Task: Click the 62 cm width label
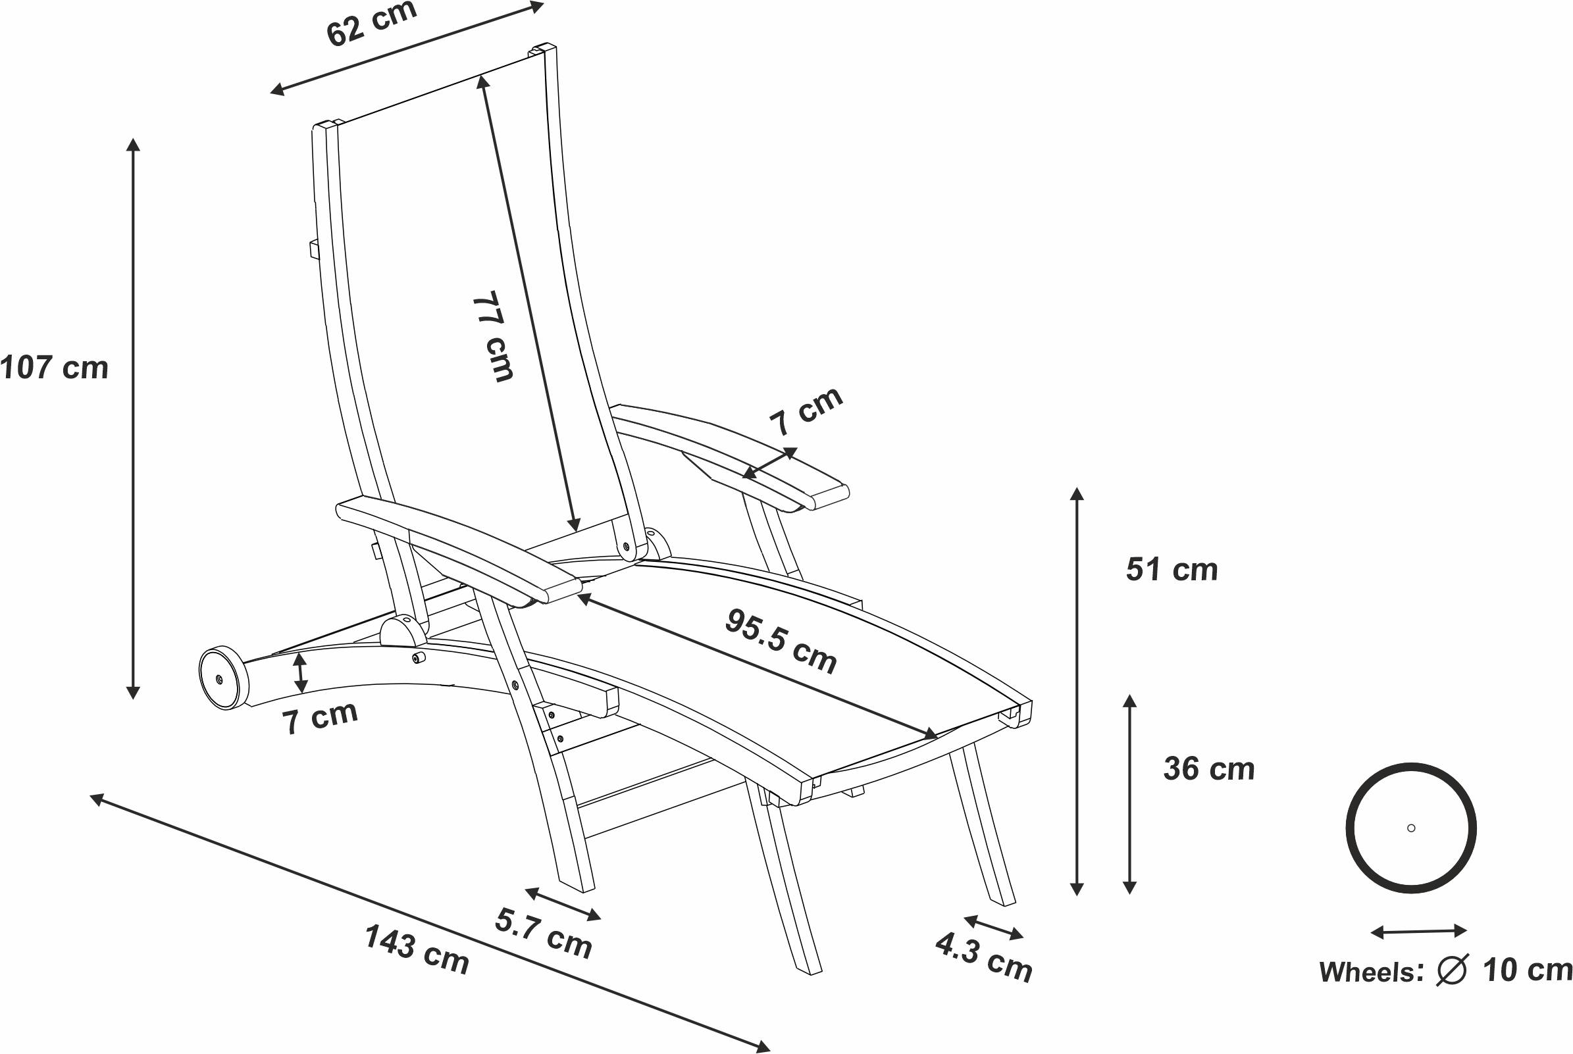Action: (x=372, y=24)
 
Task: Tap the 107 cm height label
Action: (x=55, y=368)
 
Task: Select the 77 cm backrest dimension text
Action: (x=493, y=336)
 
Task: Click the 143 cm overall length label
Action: (x=417, y=949)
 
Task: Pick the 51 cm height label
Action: (x=1172, y=570)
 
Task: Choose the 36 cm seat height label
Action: (x=1208, y=769)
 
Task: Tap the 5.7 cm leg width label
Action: (x=543, y=932)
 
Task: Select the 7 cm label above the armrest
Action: (x=806, y=411)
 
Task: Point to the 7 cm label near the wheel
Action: (x=320, y=717)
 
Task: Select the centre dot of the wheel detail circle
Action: (x=1411, y=828)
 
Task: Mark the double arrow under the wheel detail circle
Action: (x=1419, y=932)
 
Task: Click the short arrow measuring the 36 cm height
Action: (x=1129, y=795)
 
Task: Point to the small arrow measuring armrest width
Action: (x=769, y=464)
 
